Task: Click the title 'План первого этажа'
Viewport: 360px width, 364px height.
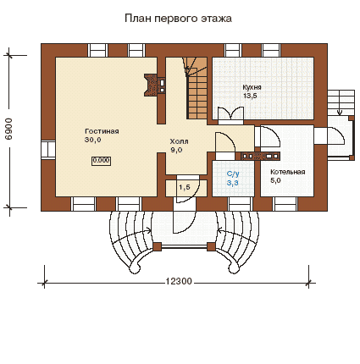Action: pos(178,19)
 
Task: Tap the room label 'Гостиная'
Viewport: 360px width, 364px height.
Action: pos(102,131)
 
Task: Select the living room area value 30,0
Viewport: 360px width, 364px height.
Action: pos(93,140)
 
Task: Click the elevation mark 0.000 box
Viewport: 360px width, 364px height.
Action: pos(101,161)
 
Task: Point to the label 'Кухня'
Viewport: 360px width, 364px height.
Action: pos(252,87)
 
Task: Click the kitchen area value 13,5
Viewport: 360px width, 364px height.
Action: pos(250,96)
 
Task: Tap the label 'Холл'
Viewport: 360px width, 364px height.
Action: pos(179,141)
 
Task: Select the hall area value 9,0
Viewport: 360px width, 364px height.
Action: pos(176,150)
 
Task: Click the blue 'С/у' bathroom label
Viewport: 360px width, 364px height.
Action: pos(233,174)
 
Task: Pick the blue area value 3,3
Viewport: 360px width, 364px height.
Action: pos(233,183)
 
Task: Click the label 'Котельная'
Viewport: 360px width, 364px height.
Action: pos(288,172)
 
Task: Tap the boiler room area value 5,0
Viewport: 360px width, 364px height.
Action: pos(275,181)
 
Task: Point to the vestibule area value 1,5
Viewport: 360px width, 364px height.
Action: pos(185,187)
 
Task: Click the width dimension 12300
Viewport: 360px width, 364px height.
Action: pos(179,282)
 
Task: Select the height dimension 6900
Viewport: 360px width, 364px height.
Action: pos(8,129)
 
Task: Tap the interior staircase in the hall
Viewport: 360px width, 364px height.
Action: pos(197,88)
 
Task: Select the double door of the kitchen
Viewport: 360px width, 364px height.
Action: pos(230,116)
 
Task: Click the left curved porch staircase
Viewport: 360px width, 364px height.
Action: pos(130,240)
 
